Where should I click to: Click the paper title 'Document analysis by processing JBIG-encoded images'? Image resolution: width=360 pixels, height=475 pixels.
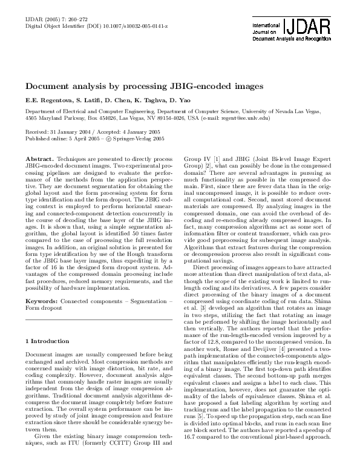click(x=144, y=87)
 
